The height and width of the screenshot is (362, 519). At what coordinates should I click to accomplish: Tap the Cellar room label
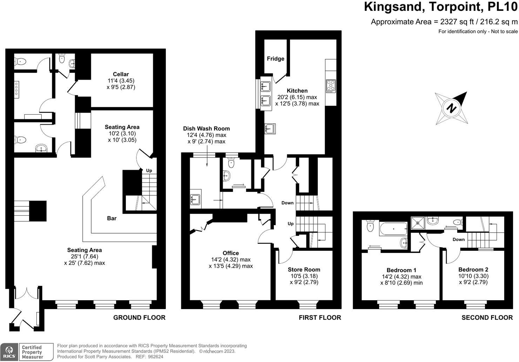(121, 74)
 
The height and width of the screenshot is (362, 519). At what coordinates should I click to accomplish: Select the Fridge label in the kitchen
(276, 59)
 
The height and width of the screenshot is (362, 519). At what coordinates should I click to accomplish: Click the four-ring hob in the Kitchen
(331, 86)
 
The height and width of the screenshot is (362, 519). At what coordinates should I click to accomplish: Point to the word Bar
(112, 218)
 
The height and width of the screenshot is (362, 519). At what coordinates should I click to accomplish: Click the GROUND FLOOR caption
(139, 317)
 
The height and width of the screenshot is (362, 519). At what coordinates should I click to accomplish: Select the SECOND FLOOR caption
(487, 317)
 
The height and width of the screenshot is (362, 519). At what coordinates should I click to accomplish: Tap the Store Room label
(304, 269)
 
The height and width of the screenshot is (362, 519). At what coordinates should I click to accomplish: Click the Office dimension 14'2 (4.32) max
(231, 260)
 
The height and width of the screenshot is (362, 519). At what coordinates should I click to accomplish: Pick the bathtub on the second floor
(393, 229)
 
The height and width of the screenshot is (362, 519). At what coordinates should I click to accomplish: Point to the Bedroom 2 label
(473, 269)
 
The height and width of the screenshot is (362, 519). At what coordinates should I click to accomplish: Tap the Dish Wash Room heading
(207, 128)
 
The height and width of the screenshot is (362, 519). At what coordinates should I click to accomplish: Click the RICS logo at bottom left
(9, 352)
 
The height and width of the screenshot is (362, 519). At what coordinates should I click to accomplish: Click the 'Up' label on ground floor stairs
(149, 170)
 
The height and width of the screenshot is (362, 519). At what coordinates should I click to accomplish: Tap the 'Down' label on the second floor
(459, 240)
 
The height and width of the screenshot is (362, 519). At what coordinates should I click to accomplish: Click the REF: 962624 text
(149, 357)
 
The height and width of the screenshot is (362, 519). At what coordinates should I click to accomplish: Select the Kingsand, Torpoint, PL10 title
(441, 7)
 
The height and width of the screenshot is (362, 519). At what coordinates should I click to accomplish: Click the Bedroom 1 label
(402, 270)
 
